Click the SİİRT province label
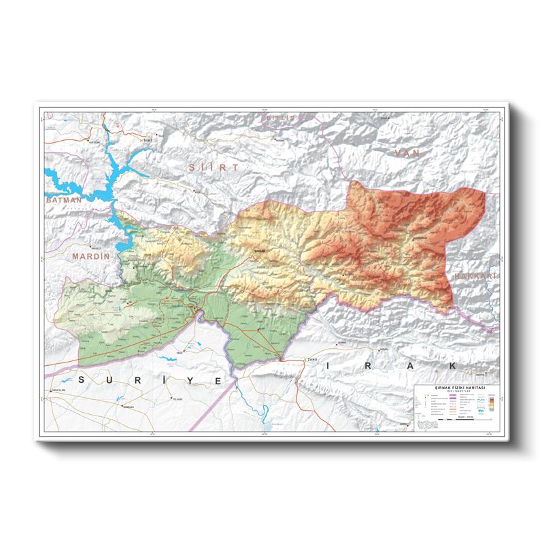(214, 167)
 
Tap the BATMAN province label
(63, 201)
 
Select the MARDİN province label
(90, 256)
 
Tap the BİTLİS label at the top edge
(281, 118)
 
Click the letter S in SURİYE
(83, 378)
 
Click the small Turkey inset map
(427, 424)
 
